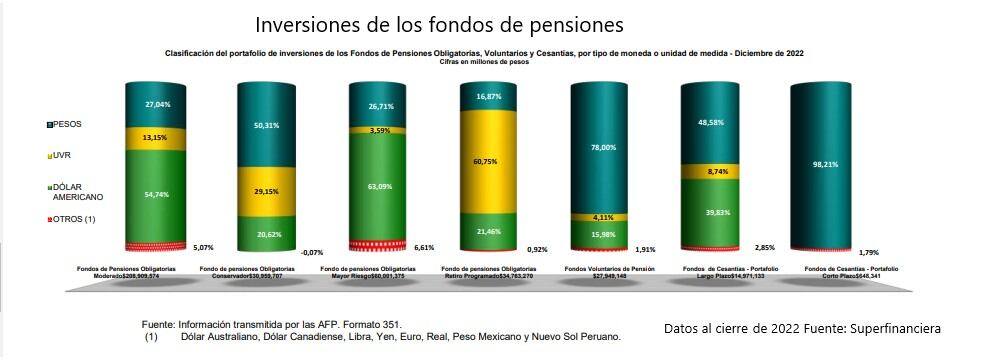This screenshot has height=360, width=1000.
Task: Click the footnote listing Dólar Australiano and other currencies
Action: coord(400,337)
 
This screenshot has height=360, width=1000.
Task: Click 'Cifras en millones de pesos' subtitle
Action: coord(483,62)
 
